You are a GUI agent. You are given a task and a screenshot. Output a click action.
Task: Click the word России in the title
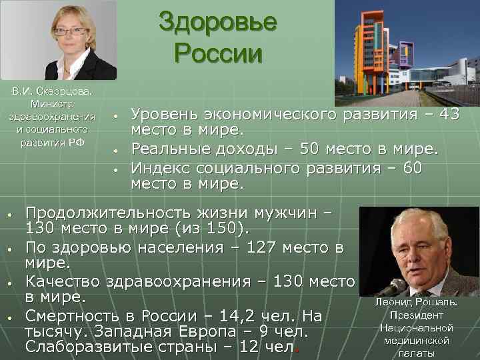217,53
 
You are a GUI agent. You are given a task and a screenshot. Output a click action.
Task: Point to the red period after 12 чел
297,349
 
